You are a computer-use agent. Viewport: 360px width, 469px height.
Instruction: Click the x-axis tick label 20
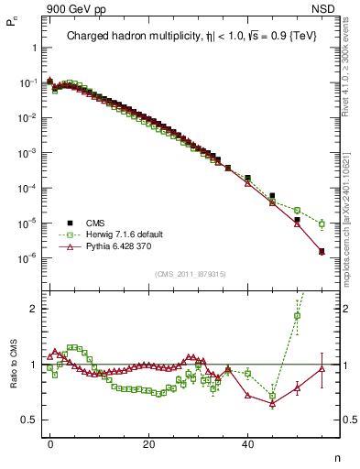(148, 443)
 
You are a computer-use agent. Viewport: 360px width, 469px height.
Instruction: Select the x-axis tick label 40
(247, 443)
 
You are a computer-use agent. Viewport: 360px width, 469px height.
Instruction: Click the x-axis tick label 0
(50, 443)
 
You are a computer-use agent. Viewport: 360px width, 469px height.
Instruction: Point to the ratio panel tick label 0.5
(29, 420)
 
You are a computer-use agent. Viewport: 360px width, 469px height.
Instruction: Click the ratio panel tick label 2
(34, 309)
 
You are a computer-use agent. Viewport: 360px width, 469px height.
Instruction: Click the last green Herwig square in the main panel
(322, 224)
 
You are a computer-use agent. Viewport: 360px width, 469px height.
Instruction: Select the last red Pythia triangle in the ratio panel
(322, 369)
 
